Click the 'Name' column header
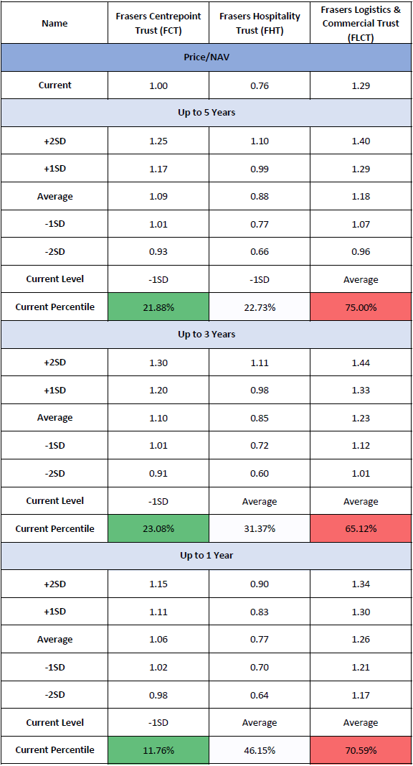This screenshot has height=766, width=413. click(x=54, y=24)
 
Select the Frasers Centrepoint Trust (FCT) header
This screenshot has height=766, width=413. click(x=158, y=23)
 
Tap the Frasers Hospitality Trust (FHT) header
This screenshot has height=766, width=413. click(x=260, y=23)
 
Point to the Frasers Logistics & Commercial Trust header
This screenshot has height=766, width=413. click(x=361, y=24)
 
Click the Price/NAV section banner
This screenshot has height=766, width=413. click(x=206, y=57)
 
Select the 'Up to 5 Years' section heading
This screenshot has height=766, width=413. click(x=206, y=113)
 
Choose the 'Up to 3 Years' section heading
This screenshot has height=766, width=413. click(x=206, y=335)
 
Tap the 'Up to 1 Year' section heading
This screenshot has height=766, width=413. click(x=206, y=556)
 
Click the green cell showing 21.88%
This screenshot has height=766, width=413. click(x=158, y=307)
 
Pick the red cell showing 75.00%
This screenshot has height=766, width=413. click(x=361, y=307)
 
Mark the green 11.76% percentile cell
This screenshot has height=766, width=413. click(x=158, y=750)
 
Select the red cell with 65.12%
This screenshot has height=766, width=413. click(x=361, y=528)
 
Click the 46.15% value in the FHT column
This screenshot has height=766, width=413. click(x=260, y=750)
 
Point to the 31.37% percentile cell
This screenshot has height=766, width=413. click(x=260, y=528)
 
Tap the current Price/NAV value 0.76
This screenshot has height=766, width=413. click(x=260, y=85)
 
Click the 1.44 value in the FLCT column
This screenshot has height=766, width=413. click(x=361, y=363)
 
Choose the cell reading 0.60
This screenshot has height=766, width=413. click(x=260, y=473)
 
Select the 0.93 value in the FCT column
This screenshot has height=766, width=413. click(x=158, y=252)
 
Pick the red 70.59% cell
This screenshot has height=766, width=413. click(x=361, y=750)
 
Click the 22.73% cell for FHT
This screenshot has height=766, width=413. click(x=260, y=307)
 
